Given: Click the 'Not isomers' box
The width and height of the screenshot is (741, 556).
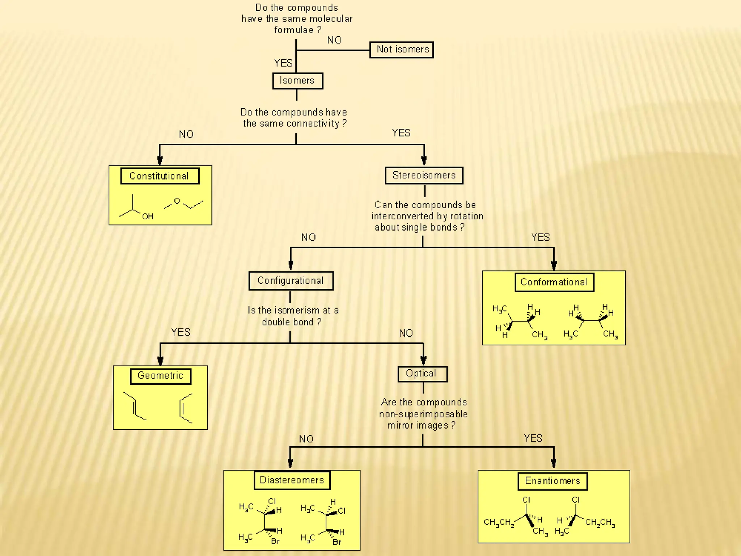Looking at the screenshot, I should tap(402, 50).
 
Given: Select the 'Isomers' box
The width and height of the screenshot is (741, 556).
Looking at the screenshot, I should tap(297, 81).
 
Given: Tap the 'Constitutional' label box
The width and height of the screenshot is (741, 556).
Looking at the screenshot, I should tap(160, 176).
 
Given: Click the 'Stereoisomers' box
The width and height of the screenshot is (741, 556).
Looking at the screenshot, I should tap(424, 176).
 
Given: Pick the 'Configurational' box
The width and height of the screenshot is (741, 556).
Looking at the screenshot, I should tap(291, 281).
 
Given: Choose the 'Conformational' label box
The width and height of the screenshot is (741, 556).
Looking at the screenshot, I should tap(554, 282).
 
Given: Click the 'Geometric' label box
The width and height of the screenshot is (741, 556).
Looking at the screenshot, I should tap(161, 376).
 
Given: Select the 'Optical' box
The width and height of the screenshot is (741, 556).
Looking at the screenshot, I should tap(422, 374).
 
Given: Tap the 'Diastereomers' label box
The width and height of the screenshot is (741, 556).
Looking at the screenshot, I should tap(292, 480).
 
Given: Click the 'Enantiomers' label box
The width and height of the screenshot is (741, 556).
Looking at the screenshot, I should tap(552, 481).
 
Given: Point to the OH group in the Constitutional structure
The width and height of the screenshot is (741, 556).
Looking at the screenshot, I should tap(148, 216).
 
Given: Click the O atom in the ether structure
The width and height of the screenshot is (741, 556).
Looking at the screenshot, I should tap(177, 201).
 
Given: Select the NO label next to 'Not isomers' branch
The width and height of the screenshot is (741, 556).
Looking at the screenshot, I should tap(334, 40).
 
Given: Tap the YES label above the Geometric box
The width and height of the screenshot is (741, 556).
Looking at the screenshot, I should tap(181, 332).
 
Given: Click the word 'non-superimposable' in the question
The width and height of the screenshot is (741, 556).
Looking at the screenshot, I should tap(423, 414).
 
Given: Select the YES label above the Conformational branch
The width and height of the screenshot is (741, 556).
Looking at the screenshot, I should tap(540, 237).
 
